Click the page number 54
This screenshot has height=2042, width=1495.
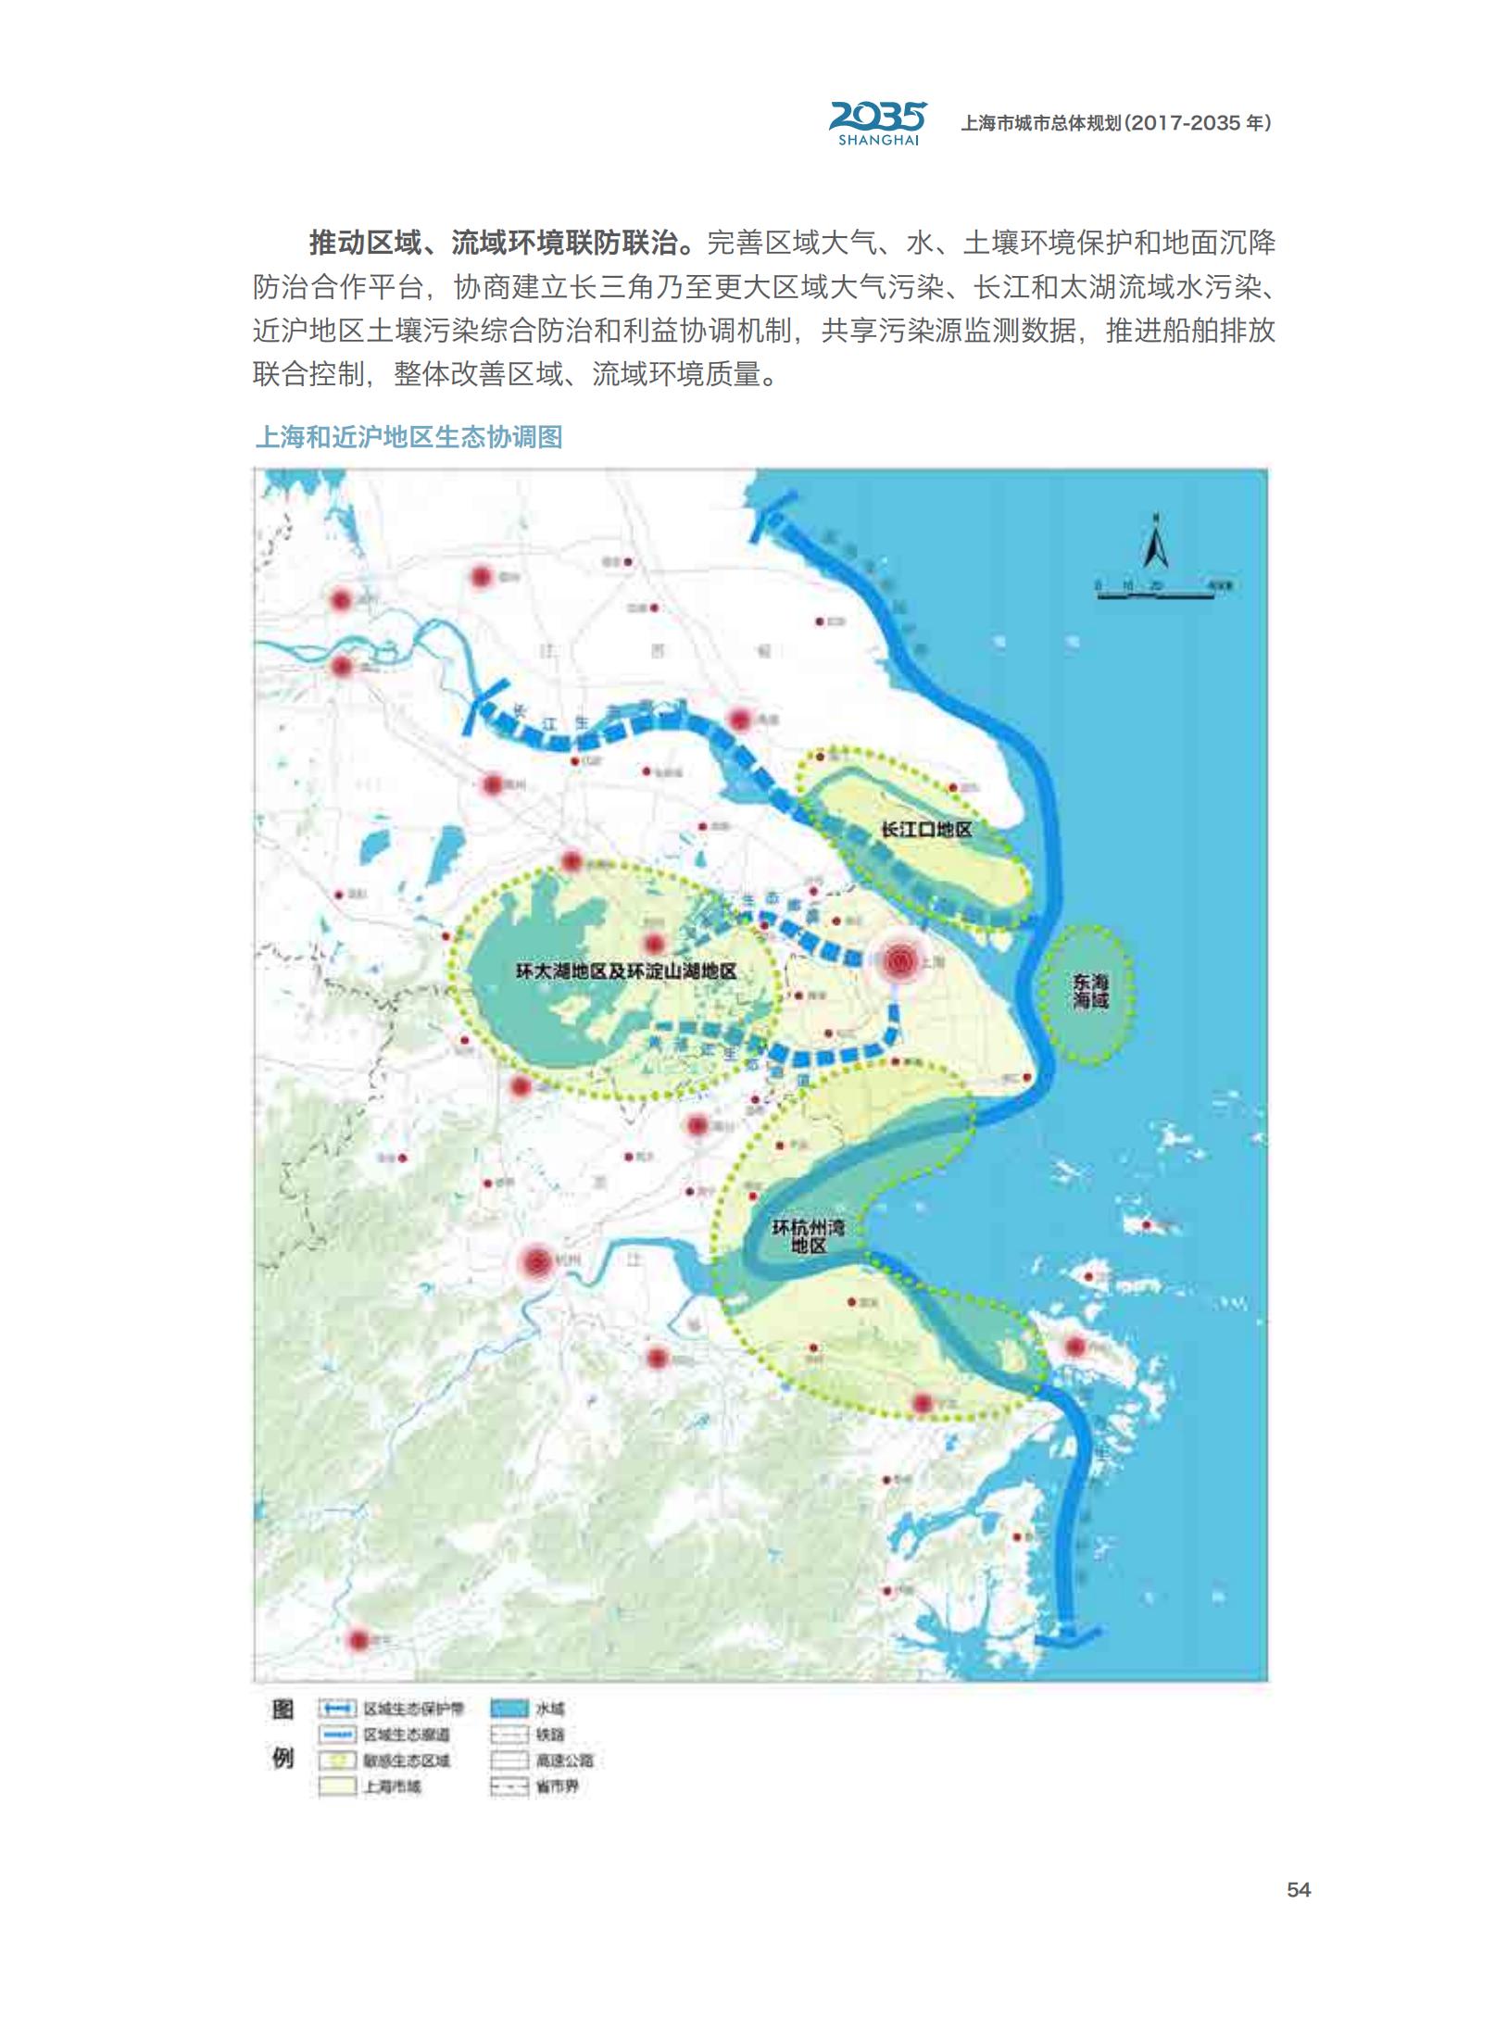[1298, 1889]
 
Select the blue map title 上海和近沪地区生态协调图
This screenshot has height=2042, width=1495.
[408, 437]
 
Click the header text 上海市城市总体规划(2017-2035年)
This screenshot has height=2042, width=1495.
[1115, 123]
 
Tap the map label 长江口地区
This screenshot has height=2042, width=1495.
[925, 830]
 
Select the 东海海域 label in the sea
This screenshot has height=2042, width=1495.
[1090, 991]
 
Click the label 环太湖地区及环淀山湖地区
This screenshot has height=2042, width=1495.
[625, 971]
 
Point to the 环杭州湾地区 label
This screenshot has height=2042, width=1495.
[808, 1236]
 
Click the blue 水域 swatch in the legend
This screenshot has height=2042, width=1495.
[509, 1709]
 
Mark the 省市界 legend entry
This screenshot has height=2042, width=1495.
[556, 1786]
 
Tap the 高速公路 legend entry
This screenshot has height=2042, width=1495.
[563, 1760]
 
